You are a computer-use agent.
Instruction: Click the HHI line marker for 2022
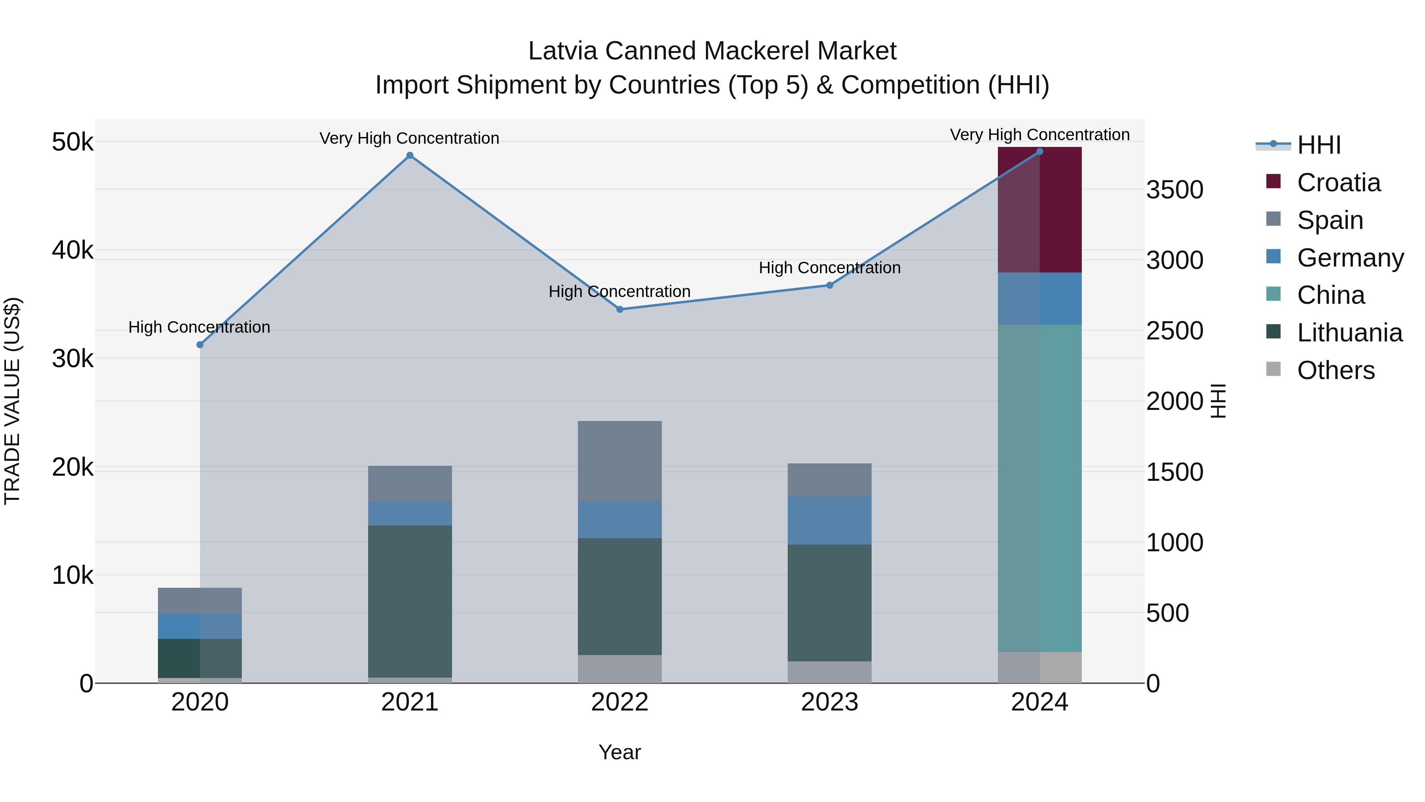(x=619, y=309)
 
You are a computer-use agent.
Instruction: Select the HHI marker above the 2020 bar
(x=200, y=345)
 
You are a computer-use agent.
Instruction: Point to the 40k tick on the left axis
(x=72, y=250)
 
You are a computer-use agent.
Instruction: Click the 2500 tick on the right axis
(x=1174, y=331)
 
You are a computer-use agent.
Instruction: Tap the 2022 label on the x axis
(x=619, y=702)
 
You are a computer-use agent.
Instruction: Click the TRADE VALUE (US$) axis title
(x=12, y=401)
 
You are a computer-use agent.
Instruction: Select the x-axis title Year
(x=619, y=752)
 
